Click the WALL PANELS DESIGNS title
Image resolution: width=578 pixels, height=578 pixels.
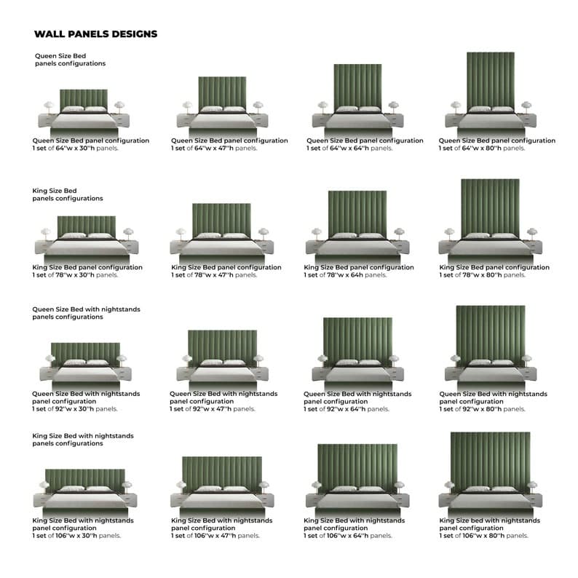point(96,34)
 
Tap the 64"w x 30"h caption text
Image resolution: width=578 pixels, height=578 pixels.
point(75,149)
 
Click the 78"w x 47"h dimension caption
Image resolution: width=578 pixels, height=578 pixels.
point(214,275)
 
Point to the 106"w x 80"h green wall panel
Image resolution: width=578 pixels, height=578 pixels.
point(490,461)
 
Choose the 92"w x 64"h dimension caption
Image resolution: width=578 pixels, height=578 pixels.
point(347,409)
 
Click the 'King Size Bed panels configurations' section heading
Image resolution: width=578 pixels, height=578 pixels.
point(68,194)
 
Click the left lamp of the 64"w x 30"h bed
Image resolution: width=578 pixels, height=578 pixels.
point(49,107)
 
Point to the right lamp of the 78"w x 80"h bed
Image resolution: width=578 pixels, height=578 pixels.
point(532,234)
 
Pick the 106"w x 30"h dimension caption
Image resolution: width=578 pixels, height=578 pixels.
point(76,536)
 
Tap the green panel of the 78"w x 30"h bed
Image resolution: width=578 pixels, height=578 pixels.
point(86,226)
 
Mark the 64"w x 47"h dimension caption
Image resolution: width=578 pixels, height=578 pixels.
point(214,149)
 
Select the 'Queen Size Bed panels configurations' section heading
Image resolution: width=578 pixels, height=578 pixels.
point(70,60)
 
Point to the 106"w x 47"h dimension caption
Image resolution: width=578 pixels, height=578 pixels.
point(215,536)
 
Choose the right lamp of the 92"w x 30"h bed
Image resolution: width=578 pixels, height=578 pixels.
point(121,360)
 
